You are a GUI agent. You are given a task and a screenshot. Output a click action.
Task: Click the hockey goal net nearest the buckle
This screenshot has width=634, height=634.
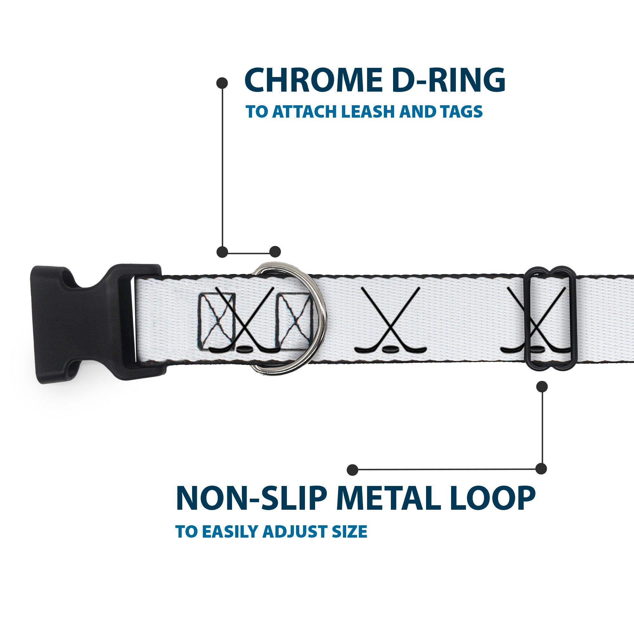tap(217, 321)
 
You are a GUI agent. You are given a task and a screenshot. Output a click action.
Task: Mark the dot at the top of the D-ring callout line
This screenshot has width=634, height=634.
tap(222, 83)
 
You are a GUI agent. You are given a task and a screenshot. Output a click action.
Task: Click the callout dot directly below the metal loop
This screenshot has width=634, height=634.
tap(542, 386)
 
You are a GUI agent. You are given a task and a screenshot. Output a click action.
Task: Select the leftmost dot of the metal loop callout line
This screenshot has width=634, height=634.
tap(353, 469)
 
